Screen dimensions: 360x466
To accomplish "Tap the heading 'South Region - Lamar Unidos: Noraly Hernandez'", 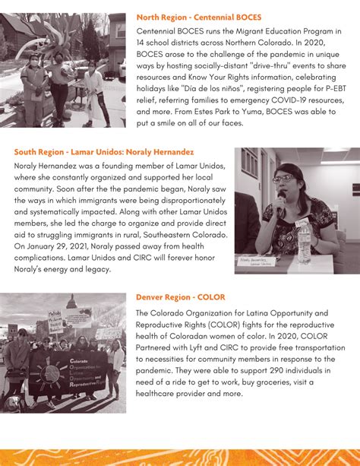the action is [104, 152].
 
